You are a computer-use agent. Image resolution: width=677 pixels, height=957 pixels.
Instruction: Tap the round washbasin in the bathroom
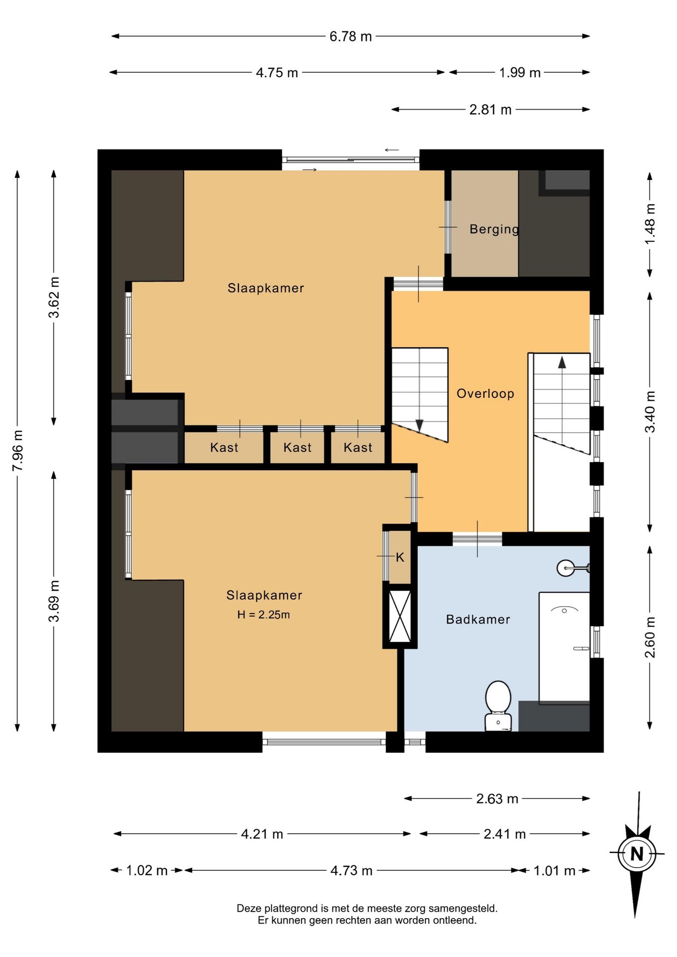coord(565,568)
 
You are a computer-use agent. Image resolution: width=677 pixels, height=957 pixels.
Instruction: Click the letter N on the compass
coord(637,854)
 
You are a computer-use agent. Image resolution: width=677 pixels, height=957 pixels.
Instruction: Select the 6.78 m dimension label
coord(350,36)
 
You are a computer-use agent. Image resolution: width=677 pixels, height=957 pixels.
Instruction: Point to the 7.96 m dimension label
coord(17,450)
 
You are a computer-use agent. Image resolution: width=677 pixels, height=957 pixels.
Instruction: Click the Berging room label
coord(495,229)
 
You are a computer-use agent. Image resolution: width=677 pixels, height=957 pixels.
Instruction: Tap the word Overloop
coord(486,394)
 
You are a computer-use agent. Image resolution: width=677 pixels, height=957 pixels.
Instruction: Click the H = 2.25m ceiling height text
coord(263,615)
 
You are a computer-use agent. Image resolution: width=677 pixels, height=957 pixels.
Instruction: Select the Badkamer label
coord(478,620)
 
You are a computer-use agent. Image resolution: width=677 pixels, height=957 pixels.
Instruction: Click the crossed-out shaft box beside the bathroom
coord(400,616)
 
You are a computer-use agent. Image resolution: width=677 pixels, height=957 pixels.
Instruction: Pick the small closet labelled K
coord(399,557)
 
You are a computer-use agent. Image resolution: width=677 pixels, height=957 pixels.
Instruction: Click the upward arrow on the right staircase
coord(562,362)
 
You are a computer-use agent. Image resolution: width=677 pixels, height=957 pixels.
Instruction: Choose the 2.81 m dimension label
coord(491,110)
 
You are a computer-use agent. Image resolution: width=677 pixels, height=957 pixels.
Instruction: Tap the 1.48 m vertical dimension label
coord(650,224)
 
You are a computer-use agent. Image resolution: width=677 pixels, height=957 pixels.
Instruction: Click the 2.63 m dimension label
coord(497,798)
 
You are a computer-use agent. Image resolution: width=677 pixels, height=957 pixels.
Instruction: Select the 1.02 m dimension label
coord(147,870)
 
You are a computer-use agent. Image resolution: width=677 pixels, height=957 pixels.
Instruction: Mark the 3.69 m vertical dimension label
coord(54,601)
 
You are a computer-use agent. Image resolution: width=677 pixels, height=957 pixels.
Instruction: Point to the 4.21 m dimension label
coord(262,834)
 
